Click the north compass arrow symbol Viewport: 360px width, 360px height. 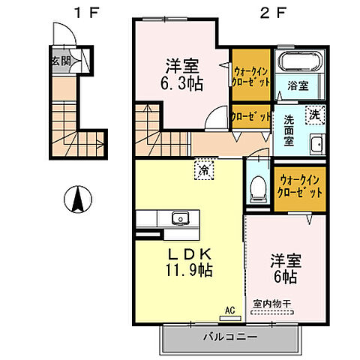76,200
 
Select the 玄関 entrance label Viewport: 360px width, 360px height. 61,61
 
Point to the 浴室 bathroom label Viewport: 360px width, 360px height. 297,86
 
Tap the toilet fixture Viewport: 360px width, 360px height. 258,184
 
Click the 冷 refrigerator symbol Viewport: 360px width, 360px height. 203,170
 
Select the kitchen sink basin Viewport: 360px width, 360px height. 179,219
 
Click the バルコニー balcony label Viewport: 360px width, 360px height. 229,337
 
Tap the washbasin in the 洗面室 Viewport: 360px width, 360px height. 316,145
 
